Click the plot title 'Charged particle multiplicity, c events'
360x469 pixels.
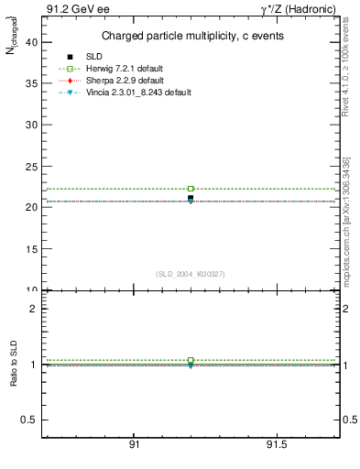click(x=191, y=36)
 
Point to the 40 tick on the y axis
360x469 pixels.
click(x=31, y=41)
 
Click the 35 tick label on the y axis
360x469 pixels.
click(x=31, y=83)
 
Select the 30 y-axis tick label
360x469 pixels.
click(x=31, y=125)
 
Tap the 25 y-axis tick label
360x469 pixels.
click(x=31, y=166)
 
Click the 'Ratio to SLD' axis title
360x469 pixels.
click(x=14, y=365)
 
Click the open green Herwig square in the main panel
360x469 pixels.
click(x=191, y=189)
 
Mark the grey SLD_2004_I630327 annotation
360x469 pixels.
click(x=191, y=274)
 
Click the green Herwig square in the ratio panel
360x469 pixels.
click(x=191, y=360)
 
